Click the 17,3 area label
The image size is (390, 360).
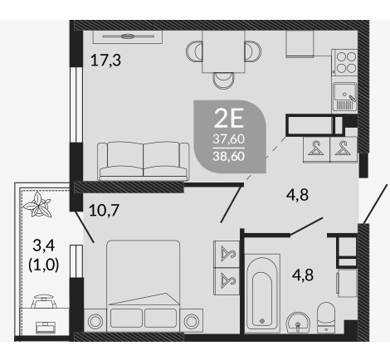pyautogui.click(x=105, y=61)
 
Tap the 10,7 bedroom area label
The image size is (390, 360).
pyautogui.click(x=104, y=210)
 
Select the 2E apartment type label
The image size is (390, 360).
pyautogui.click(x=229, y=118)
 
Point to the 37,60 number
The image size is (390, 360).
pyautogui.click(x=229, y=139)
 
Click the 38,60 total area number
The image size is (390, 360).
pyautogui.click(x=229, y=157)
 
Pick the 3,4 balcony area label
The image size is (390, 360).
pyautogui.click(x=44, y=246)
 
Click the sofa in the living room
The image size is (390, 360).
pyautogui.click(x=144, y=161)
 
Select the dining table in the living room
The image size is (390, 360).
pyautogui.click(x=223, y=51)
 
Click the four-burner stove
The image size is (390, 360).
pyautogui.click(x=345, y=63)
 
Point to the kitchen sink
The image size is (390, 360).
pyautogui.click(x=344, y=96)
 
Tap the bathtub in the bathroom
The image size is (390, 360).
pyautogui.click(x=262, y=293)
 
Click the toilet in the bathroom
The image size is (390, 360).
pyautogui.click(x=326, y=318)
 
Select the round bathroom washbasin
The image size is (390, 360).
pyautogui.click(x=298, y=323)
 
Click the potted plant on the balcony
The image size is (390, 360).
pyautogui.click(x=37, y=205)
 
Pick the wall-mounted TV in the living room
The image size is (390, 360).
pyautogui.click(x=128, y=36)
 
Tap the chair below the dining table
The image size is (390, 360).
pyautogui.click(x=223, y=80)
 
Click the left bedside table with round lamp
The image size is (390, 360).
pyautogui.click(x=95, y=320)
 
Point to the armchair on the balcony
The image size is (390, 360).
pyautogui.click(x=44, y=301)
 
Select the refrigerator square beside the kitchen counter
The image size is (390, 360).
pyautogui.click(x=300, y=44)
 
